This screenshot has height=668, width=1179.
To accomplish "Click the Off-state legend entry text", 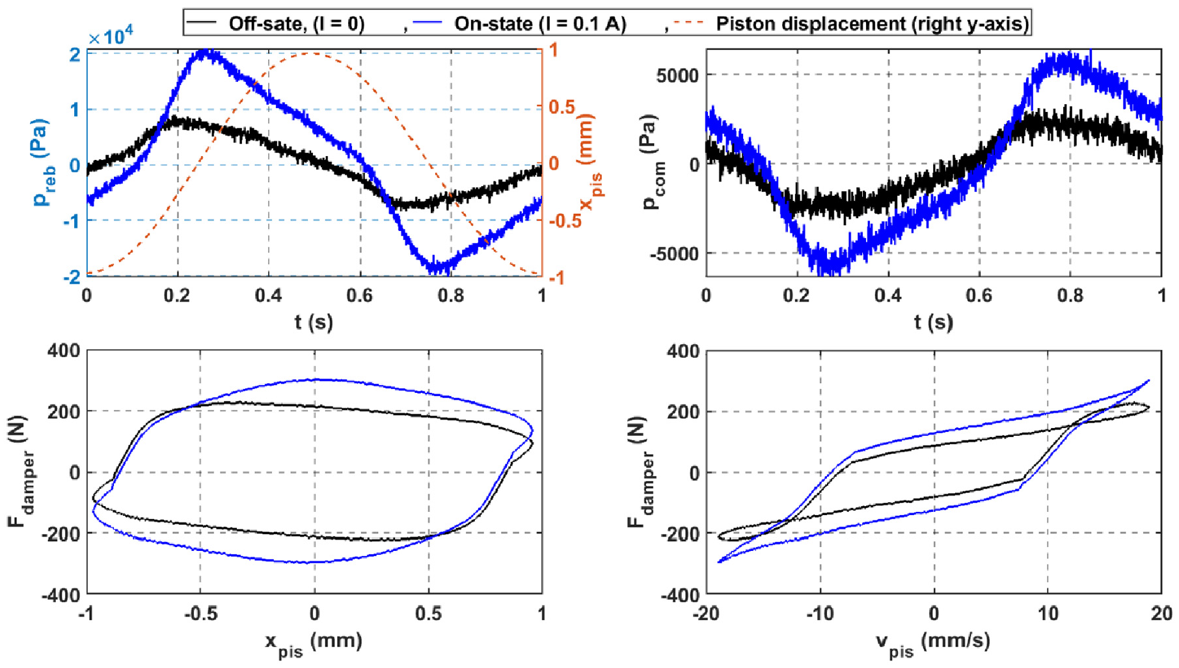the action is (297, 24).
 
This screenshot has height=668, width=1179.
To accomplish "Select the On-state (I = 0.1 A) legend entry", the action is (540, 24).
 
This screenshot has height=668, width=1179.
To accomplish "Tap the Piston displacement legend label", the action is (873, 24).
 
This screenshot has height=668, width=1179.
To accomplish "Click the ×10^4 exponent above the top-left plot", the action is (111, 37).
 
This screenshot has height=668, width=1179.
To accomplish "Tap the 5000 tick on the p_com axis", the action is (676, 75).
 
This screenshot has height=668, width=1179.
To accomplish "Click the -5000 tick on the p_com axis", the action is (673, 253).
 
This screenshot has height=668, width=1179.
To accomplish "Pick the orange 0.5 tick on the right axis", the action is (562, 107).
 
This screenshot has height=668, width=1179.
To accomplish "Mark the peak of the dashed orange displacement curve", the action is (314, 53).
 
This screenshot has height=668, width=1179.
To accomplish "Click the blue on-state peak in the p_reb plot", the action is (204, 53).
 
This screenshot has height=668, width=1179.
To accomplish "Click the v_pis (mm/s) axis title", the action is (933, 643).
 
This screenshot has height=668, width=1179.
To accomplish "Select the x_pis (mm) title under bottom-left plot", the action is (314, 643).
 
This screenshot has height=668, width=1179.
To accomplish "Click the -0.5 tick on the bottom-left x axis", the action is (200, 613).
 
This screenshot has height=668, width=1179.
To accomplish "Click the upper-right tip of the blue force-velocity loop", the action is (1149, 380).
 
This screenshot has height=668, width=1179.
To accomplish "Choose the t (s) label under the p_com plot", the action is (933, 322).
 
